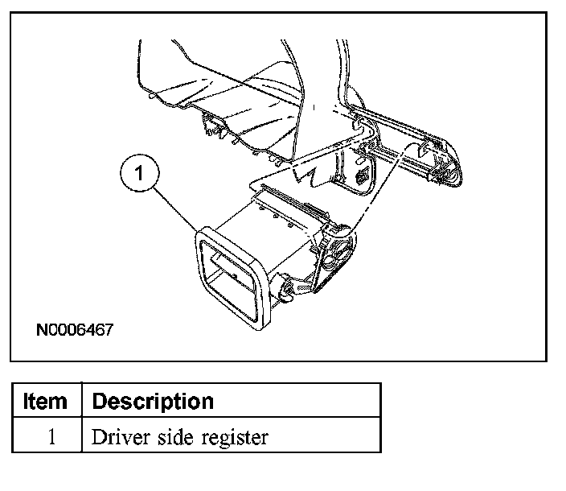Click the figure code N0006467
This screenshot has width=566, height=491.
coord(74,329)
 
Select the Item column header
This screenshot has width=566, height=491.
coord(47,401)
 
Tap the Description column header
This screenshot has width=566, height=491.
coord(153,401)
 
